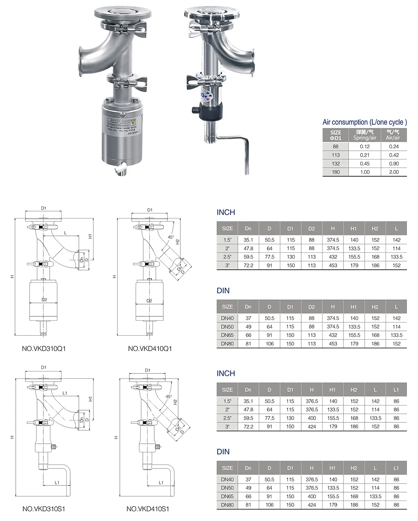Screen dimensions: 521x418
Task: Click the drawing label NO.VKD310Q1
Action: [43, 349]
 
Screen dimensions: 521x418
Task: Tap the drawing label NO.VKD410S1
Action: [148, 509]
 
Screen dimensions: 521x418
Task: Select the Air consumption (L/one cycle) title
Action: [364, 122]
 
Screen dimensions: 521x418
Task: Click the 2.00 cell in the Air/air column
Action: [394, 172]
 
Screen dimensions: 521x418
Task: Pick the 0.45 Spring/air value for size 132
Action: [364, 164]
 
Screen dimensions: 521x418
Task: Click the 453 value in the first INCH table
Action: [333, 265]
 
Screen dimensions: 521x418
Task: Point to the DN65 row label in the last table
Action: [227, 497]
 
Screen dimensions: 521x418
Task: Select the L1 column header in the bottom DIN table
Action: [396, 468]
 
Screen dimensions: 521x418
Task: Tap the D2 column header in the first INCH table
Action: [312, 228]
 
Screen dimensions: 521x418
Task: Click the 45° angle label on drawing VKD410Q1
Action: [171, 237]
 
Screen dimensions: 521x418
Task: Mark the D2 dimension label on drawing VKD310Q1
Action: [44, 300]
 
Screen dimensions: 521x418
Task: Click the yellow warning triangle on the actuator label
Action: [133, 121]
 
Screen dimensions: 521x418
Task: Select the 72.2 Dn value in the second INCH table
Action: [248, 426]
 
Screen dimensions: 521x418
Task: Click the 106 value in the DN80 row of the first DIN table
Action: [269, 344]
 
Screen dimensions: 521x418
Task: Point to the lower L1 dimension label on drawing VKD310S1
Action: [57, 482]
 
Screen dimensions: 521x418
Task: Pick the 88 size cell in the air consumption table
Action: [336, 146]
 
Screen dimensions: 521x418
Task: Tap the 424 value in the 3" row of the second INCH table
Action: [312, 426]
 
